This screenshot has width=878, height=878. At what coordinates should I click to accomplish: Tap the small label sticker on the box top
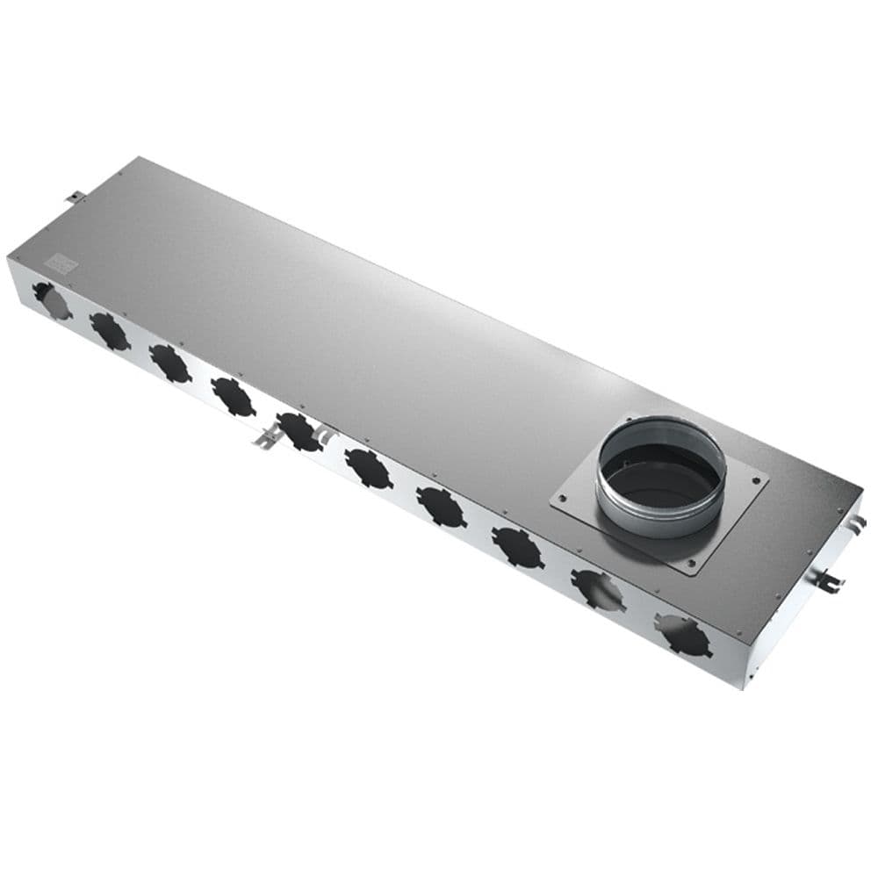pos(61,261)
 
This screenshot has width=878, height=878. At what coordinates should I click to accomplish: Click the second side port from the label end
pos(110,331)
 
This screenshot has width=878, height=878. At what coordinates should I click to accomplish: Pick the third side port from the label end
pos(169,363)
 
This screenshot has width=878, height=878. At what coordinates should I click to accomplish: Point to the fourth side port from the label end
pos(233,396)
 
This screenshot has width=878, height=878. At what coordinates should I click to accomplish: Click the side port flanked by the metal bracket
pos(299,431)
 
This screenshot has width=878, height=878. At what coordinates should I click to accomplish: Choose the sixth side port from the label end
pos(368,468)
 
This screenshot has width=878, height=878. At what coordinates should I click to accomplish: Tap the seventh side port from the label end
pos(441,507)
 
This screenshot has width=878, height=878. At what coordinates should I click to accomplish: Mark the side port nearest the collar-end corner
pos(683,635)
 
